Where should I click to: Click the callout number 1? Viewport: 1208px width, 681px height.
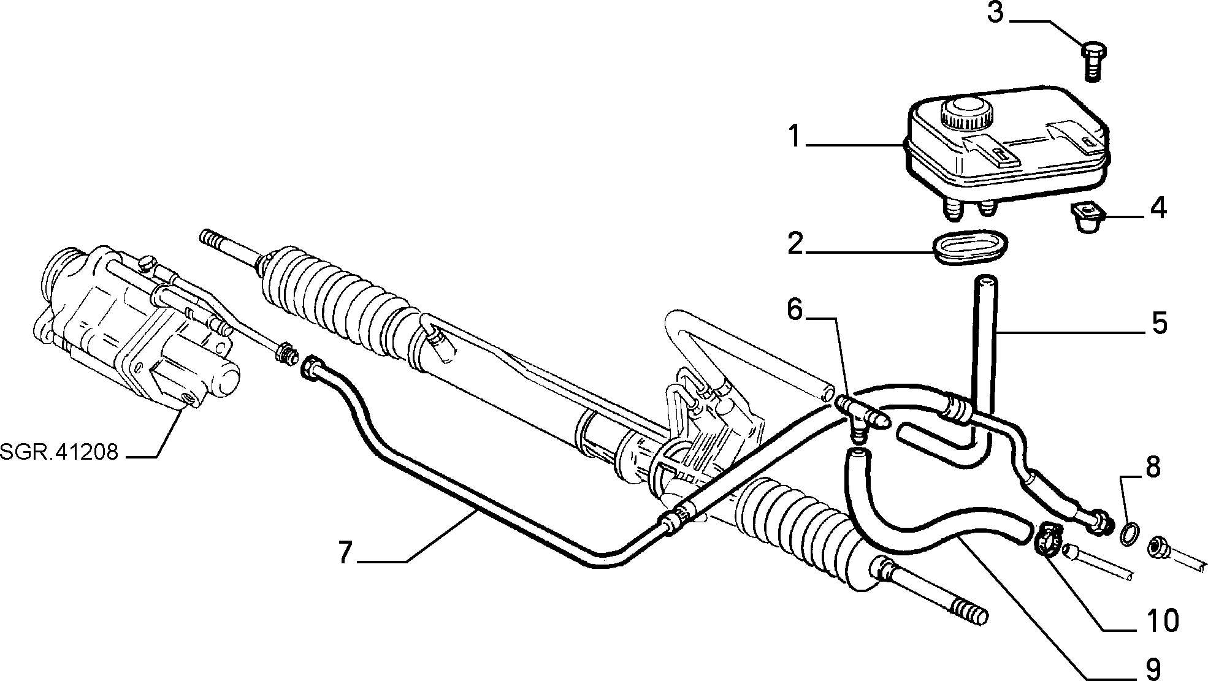(795, 136)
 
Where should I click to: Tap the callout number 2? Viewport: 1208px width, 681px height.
(795, 244)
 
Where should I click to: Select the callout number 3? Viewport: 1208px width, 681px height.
(995, 13)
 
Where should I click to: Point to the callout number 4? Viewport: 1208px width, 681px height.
(1158, 208)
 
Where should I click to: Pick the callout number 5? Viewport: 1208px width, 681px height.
(1159, 323)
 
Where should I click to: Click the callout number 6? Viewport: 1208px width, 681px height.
(795, 310)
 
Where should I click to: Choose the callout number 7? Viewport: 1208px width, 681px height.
(346, 553)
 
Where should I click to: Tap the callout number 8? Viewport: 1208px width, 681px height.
(1153, 467)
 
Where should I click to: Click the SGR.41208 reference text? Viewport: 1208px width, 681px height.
(59, 452)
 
